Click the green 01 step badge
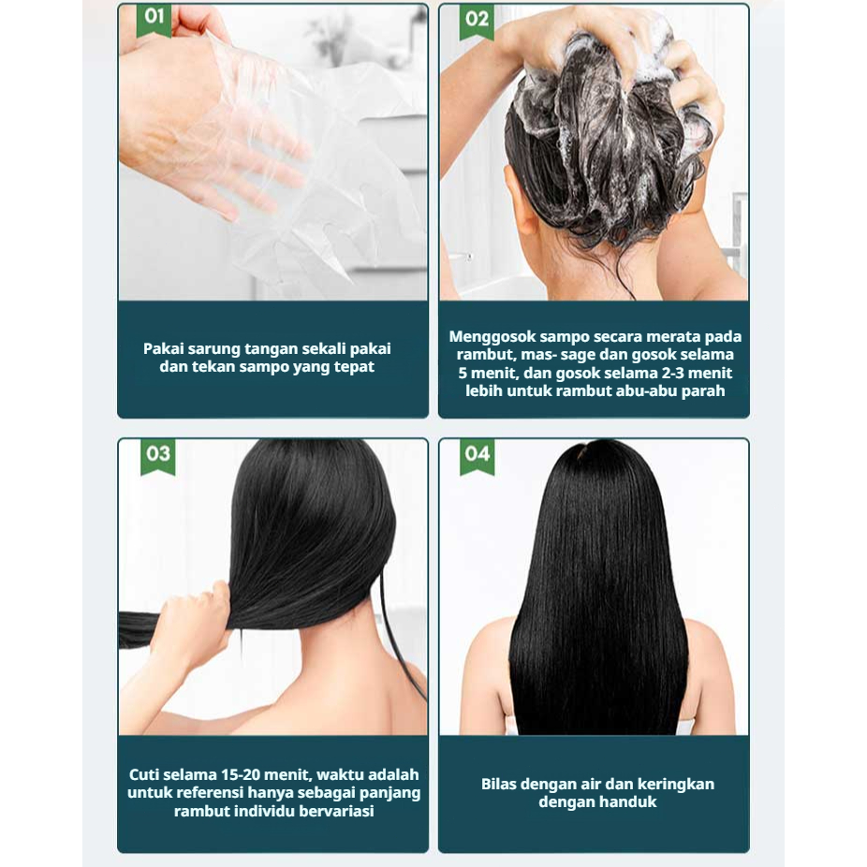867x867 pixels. pos(154,20)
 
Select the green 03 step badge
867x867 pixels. pos(158,456)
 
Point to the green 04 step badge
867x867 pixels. pos(478,456)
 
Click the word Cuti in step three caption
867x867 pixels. pos(145,774)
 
